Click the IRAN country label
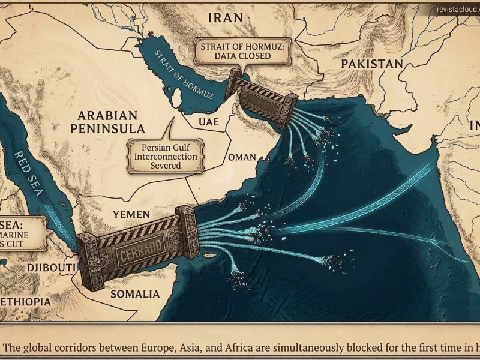tap(225, 17)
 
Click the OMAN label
tap(242, 157)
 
